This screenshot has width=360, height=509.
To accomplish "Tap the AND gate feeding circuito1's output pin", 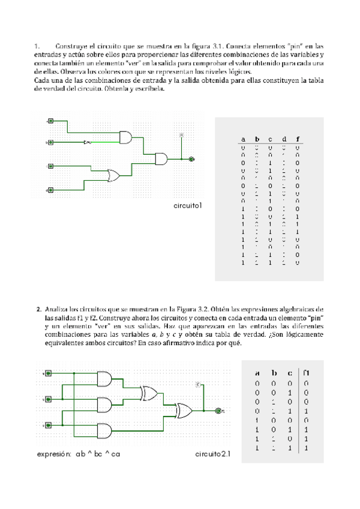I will (162, 159).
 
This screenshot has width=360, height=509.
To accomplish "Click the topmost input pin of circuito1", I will (50, 121).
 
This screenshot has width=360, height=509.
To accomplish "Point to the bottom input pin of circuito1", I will (50, 190).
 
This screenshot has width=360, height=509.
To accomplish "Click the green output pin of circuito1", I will (191, 160).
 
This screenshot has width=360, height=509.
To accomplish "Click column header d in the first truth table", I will (284, 139).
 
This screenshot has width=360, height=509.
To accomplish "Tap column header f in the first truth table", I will (298, 139).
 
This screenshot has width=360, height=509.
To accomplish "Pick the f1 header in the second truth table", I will (306, 372).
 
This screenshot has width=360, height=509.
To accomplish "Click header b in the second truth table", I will (274, 372).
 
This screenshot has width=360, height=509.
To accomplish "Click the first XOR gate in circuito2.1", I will (149, 394).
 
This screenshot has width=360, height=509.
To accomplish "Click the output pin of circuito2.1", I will (218, 411).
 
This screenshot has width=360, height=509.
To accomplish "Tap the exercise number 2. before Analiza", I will (38, 307).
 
